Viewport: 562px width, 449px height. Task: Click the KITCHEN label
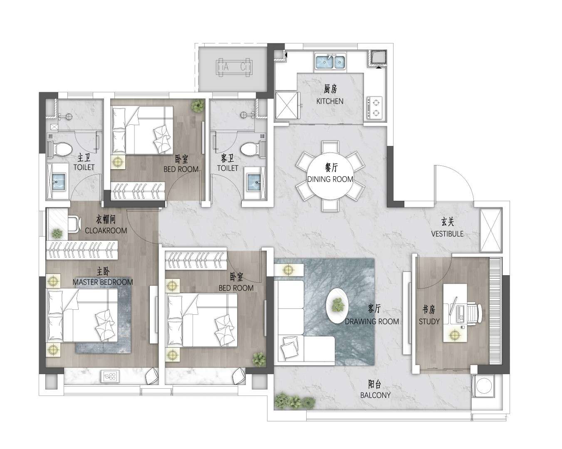(330, 101)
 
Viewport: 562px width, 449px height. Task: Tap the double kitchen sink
(330, 62)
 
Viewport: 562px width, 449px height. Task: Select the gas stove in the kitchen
(375, 108)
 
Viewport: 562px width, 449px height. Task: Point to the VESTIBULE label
(447, 234)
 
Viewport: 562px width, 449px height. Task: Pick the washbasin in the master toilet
(59, 181)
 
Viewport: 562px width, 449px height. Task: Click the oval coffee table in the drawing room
(337, 306)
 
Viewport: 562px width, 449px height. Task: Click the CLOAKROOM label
(106, 230)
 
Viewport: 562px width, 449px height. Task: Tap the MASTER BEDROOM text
(103, 282)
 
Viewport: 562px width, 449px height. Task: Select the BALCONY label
(375, 395)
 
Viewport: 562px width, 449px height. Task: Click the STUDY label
(429, 321)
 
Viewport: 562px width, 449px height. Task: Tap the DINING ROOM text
(330, 179)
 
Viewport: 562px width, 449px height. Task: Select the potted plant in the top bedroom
(198, 106)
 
